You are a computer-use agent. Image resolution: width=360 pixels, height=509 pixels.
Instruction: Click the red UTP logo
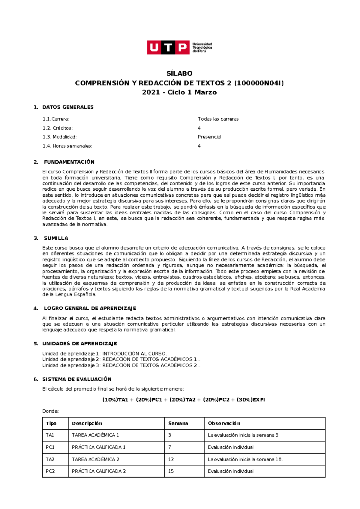pyautogui.click(x=168, y=47)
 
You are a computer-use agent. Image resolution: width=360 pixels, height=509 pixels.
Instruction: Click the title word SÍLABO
pyautogui.click(x=179, y=73)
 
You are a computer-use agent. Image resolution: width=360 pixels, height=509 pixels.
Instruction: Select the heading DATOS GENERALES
pyautogui.click(x=68, y=107)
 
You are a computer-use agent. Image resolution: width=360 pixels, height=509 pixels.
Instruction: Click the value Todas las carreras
pyautogui.click(x=218, y=119)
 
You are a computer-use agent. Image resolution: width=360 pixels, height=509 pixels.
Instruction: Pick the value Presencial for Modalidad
pyautogui.click(x=209, y=137)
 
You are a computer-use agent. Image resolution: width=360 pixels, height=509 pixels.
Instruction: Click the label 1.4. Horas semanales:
pyautogui.click(x=67, y=146)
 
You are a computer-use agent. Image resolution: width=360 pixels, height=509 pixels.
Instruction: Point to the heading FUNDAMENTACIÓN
pyautogui.click(x=69, y=162)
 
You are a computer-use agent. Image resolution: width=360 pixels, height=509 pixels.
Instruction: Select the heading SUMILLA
pyautogui.click(x=56, y=238)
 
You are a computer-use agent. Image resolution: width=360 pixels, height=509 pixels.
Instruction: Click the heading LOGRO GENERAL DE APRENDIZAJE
pyautogui.click(x=90, y=308)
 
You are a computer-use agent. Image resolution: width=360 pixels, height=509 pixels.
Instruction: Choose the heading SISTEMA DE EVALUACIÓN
pyautogui.click(x=77, y=379)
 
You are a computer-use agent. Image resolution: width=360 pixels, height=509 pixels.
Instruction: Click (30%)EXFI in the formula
pyautogui.click(x=250, y=400)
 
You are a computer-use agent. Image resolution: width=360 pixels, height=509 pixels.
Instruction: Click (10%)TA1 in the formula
pyautogui.click(x=115, y=400)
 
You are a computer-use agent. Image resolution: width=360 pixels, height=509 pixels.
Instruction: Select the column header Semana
pyautogui.click(x=178, y=423)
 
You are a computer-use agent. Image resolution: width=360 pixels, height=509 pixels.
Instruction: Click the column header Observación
pyautogui.click(x=224, y=423)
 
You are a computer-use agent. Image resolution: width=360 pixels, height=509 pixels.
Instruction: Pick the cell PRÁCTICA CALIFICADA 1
pyautogui.click(x=98, y=447)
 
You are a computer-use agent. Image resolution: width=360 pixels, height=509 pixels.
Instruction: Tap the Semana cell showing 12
pyautogui.click(x=171, y=459)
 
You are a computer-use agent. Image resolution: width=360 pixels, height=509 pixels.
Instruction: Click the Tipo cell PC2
pyautogui.click(x=50, y=471)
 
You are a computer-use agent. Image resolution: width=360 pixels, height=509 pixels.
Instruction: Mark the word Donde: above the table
pyautogui.click(x=50, y=411)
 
